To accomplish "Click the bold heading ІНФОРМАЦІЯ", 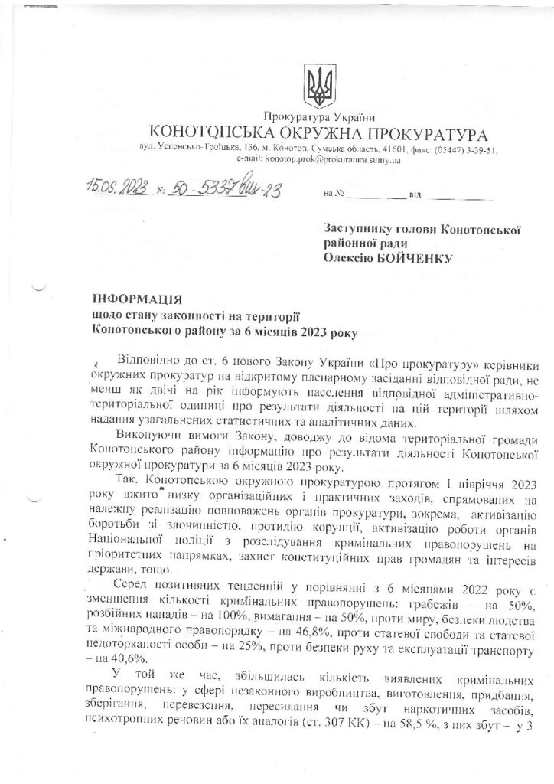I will pos(137,299).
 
